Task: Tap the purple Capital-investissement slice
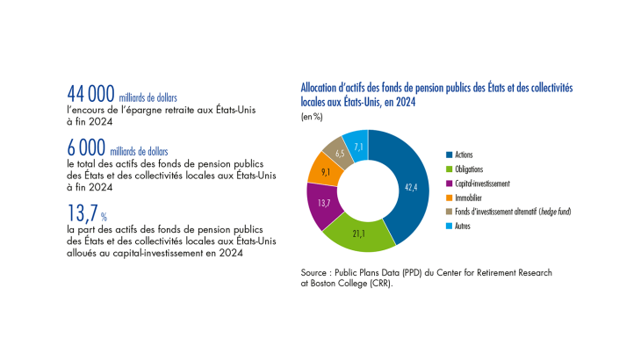click(x=324, y=203)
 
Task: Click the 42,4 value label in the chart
click(x=411, y=187)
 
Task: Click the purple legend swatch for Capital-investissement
click(x=449, y=184)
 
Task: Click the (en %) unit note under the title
click(x=312, y=117)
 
